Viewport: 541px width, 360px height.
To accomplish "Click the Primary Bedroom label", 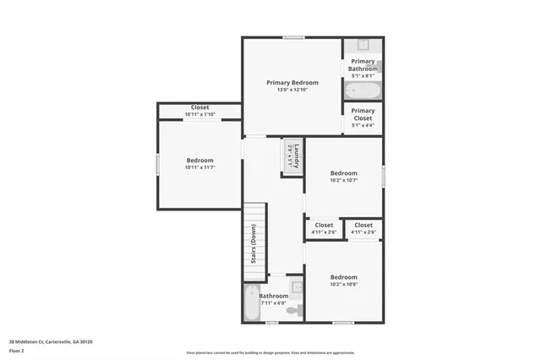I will [x=292, y=83].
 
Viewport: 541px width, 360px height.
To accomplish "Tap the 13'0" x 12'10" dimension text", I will [x=292, y=90].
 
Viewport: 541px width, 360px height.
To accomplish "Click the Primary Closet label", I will [x=363, y=114].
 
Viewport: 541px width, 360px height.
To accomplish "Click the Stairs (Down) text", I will [x=254, y=244].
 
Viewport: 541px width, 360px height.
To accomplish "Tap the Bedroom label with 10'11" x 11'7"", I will [x=199, y=161].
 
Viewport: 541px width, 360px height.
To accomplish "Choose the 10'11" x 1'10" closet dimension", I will [x=199, y=114].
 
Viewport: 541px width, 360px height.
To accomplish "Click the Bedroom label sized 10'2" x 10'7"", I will [x=343, y=173].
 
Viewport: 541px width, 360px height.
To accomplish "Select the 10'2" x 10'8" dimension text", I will [x=343, y=285].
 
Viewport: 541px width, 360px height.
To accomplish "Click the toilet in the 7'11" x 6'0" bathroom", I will [x=292, y=311].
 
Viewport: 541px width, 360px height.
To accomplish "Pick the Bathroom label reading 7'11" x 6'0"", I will [x=273, y=296].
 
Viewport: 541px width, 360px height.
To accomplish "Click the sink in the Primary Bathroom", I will [x=363, y=45].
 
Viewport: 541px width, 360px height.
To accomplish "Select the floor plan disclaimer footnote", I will [x=270, y=352].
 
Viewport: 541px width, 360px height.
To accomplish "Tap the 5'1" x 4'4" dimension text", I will [x=363, y=125].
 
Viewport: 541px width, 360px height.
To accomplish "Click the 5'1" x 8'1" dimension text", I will [x=363, y=76].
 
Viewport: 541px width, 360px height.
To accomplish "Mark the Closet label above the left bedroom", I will [x=199, y=107].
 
